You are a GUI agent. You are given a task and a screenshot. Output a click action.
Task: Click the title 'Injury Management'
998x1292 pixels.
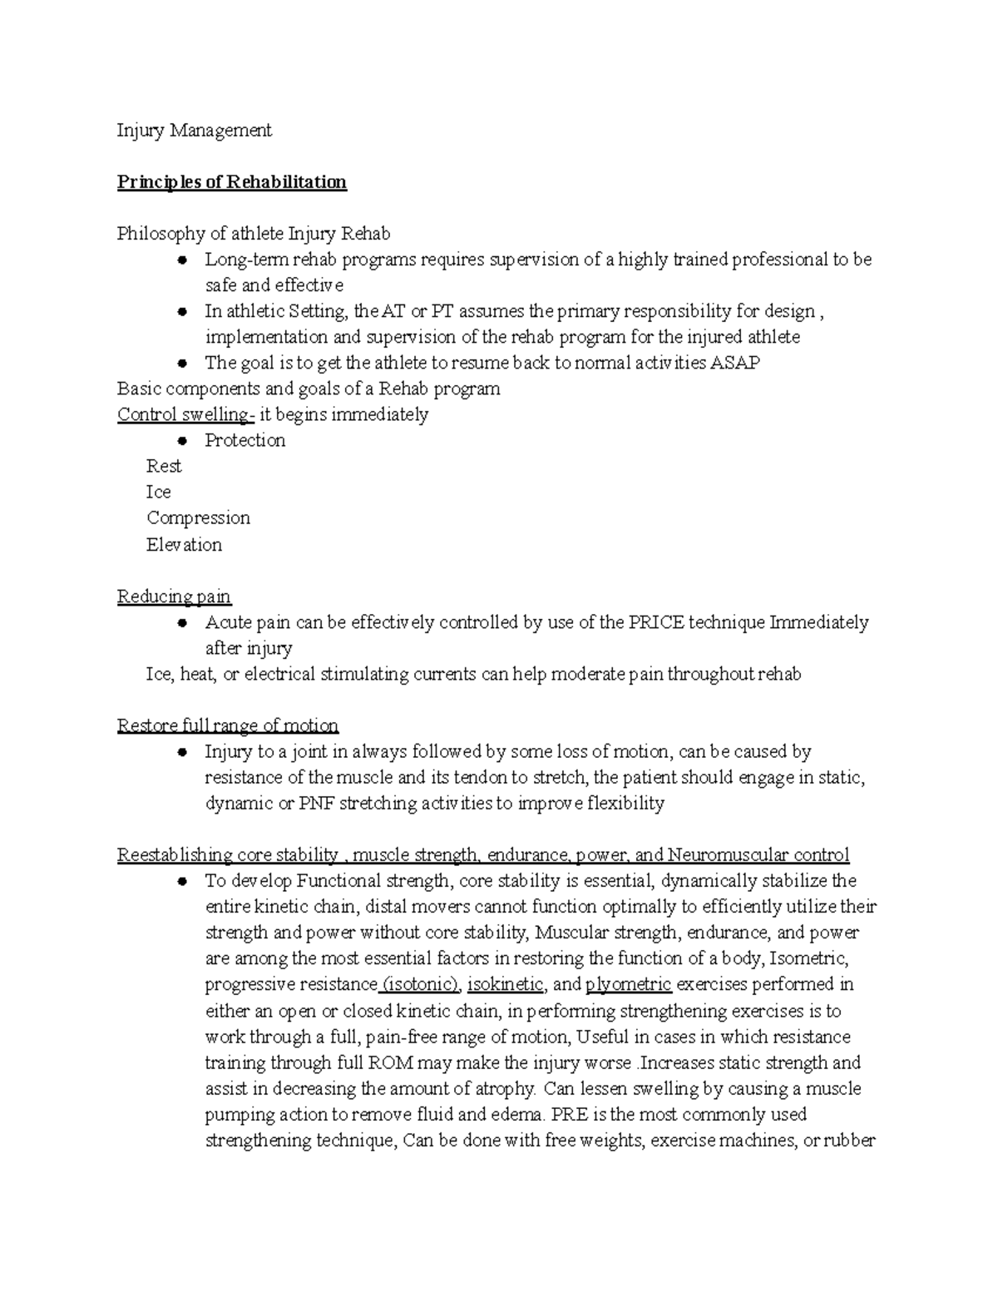point(194,131)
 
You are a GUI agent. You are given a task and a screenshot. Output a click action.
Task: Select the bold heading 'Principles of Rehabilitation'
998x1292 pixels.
point(231,182)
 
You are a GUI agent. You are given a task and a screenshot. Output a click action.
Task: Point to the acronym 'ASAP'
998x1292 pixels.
point(735,363)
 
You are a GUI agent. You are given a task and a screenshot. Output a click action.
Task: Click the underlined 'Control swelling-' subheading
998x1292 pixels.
point(185,414)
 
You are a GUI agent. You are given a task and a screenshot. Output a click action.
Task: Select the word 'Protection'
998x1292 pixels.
point(245,440)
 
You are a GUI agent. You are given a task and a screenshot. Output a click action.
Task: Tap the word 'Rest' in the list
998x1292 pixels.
point(164,466)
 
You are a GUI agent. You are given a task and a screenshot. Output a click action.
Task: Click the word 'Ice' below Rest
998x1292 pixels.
point(158,492)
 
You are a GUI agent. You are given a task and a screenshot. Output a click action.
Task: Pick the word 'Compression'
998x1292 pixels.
point(198,517)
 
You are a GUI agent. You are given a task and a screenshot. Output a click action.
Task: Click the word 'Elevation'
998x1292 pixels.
point(184,545)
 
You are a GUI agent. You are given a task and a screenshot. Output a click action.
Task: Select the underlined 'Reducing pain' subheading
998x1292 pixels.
point(174,596)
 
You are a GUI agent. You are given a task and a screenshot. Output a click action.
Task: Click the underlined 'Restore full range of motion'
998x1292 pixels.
point(227,725)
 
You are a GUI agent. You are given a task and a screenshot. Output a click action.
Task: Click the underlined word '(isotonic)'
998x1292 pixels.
point(421,984)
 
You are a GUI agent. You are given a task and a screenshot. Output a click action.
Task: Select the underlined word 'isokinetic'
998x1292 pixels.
point(506,984)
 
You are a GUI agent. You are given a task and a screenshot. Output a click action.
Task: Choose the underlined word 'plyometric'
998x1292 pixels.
point(628,984)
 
